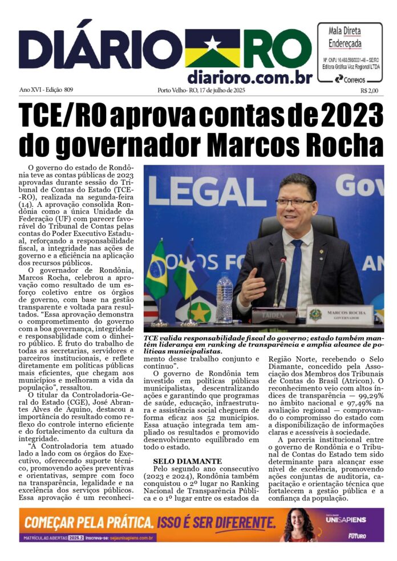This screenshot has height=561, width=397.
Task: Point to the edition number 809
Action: click(x=69, y=90)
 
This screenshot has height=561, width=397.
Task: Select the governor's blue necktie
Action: click(x=295, y=274)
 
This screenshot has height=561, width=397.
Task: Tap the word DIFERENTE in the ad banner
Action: click(x=238, y=522)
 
